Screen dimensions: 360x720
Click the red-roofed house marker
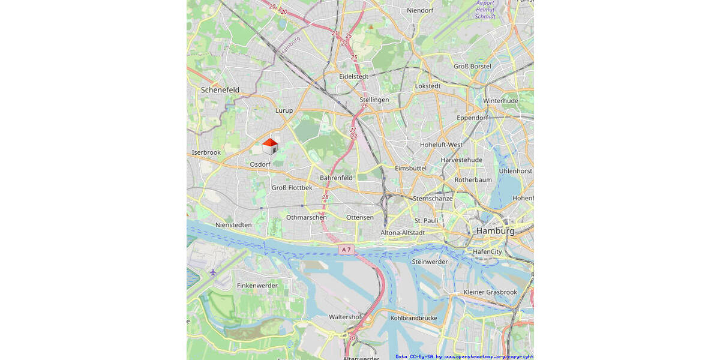270,146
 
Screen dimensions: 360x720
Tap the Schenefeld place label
220,90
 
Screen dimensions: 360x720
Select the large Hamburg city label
495,231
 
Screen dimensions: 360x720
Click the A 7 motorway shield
346,249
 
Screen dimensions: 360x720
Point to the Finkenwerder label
257,286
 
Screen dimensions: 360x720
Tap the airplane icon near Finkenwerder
213,272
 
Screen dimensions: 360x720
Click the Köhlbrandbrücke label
413,317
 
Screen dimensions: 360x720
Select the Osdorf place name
260,164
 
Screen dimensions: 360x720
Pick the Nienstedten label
233,224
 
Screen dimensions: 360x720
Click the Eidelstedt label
353,77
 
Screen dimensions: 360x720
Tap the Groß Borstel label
472,66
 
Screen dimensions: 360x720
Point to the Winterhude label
500,101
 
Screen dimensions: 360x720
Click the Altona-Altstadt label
403,232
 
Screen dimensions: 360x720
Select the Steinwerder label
430,262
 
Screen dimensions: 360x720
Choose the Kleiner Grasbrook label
490,292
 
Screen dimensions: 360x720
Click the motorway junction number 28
325,197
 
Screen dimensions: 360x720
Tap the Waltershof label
345,317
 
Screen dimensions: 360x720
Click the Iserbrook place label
206,152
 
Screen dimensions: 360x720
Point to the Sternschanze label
433,198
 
